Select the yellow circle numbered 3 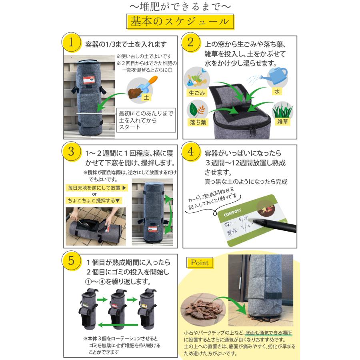71,153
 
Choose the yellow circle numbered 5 71,261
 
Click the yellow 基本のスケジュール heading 180,22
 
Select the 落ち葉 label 197,122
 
